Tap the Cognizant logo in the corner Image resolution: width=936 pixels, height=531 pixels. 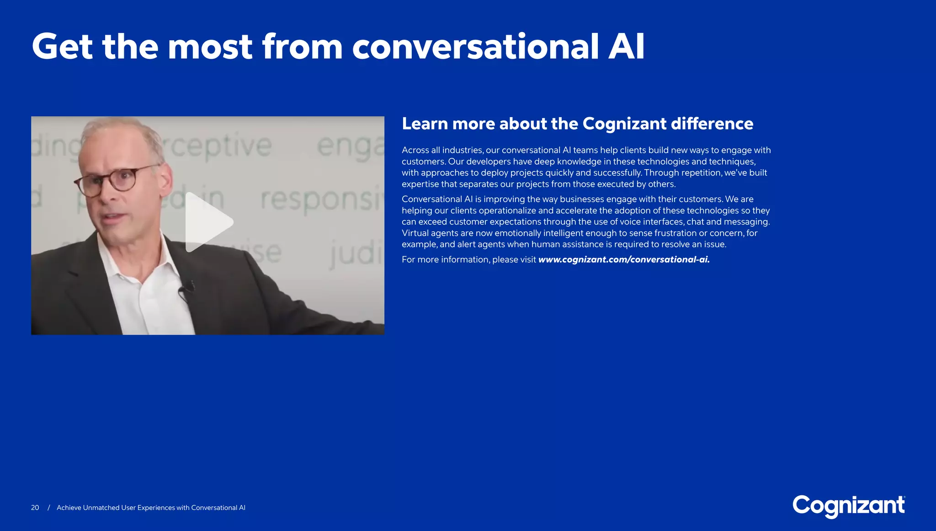tap(848, 506)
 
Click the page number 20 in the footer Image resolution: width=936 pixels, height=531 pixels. tap(35, 508)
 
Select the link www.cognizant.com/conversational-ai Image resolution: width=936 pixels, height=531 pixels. tap(624, 260)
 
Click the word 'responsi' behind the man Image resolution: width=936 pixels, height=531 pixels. tap(320, 200)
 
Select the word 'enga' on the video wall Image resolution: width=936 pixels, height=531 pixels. tap(350, 146)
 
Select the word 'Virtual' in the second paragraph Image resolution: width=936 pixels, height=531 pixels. tap(415, 233)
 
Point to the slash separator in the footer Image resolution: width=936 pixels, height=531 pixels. tap(48, 508)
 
